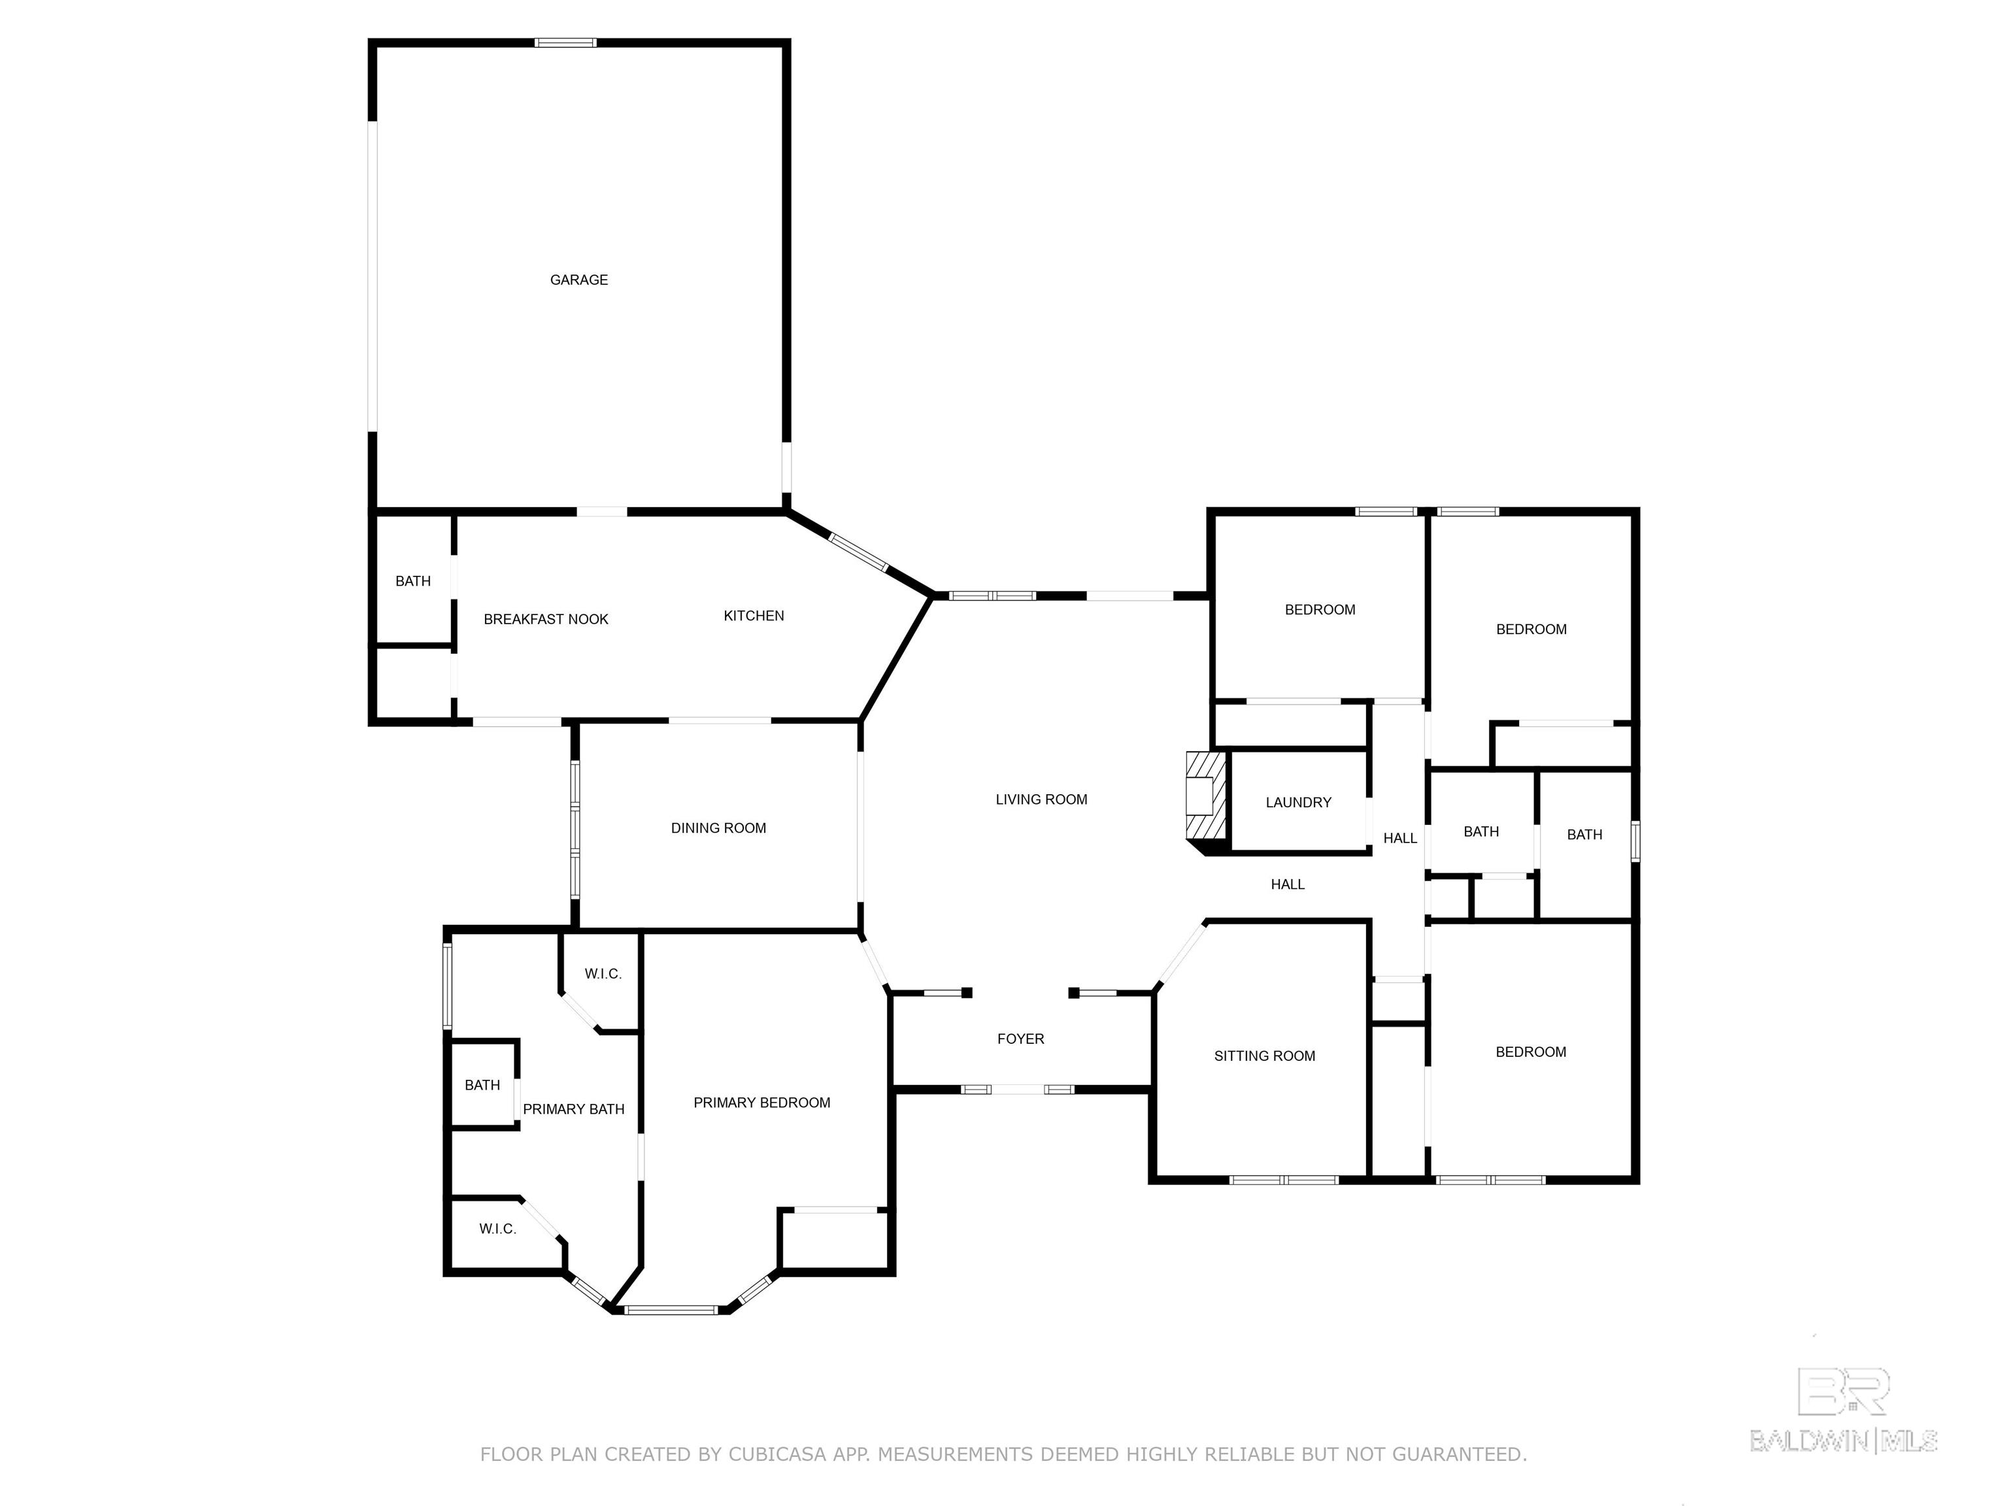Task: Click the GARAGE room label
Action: [x=578, y=280]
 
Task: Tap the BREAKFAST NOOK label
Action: [x=546, y=619]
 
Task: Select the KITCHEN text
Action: [x=754, y=616]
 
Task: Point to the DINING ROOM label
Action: [x=718, y=828]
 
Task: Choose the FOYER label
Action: [x=1020, y=1039]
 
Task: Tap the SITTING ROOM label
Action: [x=1265, y=1056]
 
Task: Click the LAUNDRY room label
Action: [x=1298, y=803]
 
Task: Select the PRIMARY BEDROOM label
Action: [x=761, y=1102]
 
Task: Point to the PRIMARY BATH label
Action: [x=574, y=1109]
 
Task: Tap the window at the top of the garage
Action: [x=565, y=42]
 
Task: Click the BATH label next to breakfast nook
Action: [x=413, y=581]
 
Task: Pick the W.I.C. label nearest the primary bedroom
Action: [x=603, y=974]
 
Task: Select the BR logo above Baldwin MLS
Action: [x=1843, y=1392]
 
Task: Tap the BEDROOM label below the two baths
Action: [x=1530, y=1052]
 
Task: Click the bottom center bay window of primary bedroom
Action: [x=672, y=1309]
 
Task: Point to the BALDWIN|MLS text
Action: [x=1843, y=1441]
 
